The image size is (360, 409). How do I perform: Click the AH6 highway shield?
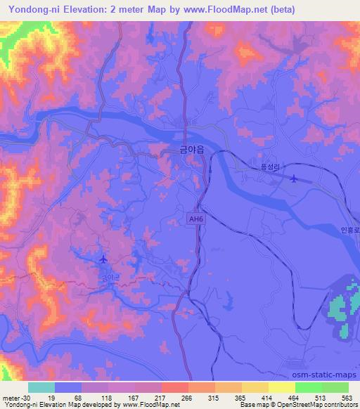197,220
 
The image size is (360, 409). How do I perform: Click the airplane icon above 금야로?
104,260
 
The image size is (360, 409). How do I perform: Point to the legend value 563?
346,397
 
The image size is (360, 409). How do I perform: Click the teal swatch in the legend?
41,387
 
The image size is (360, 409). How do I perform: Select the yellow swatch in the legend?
281,387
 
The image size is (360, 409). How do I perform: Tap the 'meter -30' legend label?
16,397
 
